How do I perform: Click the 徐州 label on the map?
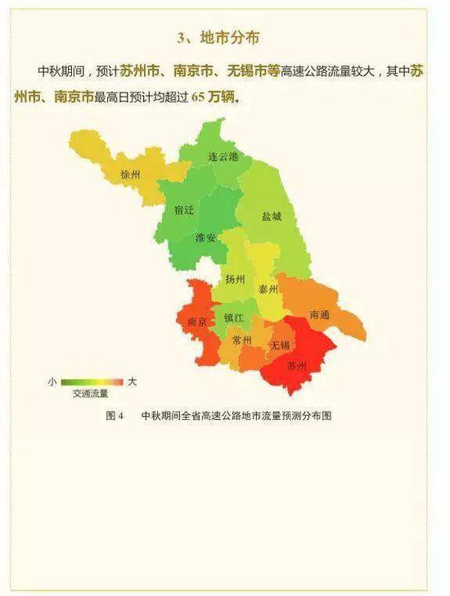(x=131, y=175)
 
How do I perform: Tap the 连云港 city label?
(x=223, y=156)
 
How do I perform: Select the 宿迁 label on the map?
(x=184, y=210)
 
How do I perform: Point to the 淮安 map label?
(x=206, y=238)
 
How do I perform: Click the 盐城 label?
(x=272, y=217)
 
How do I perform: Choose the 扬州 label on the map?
(x=235, y=279)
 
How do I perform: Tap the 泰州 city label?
(x=268, y=290)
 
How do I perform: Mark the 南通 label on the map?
(x=321, y=314)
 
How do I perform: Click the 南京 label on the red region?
(x=196, y=322)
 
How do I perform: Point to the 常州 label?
(x=241, y=341)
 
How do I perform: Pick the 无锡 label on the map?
(x=280, y=345)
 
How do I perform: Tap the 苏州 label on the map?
(x=296, y=366)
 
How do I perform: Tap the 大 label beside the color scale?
(x=133, y=382)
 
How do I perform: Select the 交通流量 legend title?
(x=90, y=394)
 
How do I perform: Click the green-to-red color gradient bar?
(x=92, y=382)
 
